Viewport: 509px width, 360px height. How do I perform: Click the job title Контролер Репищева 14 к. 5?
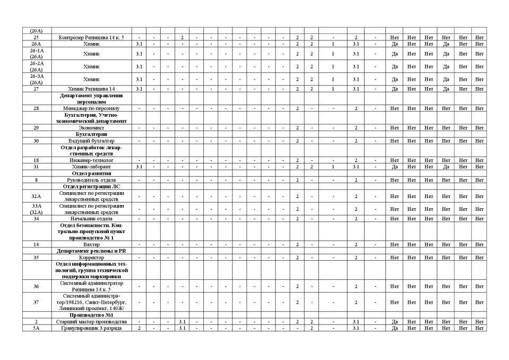91,38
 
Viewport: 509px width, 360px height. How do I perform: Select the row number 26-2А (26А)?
36,66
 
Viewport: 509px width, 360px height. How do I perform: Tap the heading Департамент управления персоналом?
91,98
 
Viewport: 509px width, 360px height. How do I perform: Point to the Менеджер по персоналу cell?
91,108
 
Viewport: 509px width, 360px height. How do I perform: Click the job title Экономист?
91,127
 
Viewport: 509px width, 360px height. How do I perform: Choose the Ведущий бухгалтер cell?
91,141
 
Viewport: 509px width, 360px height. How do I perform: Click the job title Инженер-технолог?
91,160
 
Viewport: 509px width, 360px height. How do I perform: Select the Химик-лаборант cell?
91,167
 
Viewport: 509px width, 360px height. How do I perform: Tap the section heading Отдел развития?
91,173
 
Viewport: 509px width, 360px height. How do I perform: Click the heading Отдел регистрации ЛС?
91,186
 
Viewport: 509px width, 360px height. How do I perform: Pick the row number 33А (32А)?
36,209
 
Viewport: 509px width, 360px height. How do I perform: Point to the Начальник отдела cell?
91,219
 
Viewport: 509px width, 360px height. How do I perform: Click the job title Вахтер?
91,244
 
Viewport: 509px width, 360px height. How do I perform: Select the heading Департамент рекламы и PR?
91,251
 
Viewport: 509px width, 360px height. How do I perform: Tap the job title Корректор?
91,258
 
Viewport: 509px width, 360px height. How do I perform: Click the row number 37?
36,302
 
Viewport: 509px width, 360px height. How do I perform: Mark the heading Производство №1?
91,315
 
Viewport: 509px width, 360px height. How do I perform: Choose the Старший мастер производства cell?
91,322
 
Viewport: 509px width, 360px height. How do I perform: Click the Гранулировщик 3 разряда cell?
91,328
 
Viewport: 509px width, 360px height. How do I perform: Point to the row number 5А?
36,328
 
